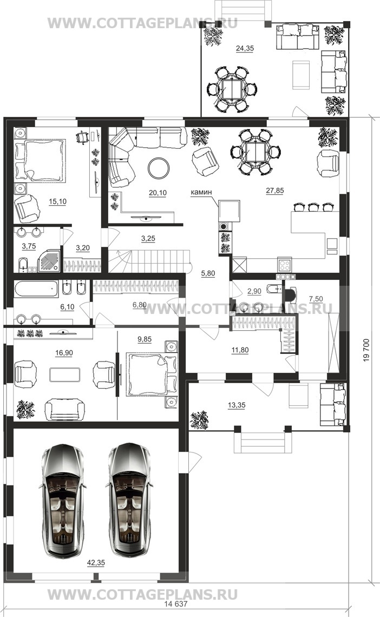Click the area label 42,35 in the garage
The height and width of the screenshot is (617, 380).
[96, 563]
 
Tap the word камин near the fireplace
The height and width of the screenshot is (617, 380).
[201, 192]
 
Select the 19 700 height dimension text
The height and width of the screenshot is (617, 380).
[366, 350]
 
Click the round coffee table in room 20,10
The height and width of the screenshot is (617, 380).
[159, 168]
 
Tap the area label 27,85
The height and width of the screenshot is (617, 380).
[274, 191]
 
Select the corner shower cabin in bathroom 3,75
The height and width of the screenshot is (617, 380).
[50, 260]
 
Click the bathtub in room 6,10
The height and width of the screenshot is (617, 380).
[36, 289]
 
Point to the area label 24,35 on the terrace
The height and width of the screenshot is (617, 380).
[245, 48]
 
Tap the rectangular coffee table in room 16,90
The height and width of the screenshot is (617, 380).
[65, 374]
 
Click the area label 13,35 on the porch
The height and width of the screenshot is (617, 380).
[237, 405]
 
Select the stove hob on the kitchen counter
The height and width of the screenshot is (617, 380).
[284, 264]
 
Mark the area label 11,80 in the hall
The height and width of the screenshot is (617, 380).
[240, 350]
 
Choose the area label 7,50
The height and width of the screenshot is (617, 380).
[316, 299]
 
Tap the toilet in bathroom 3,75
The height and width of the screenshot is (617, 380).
[23, 264]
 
